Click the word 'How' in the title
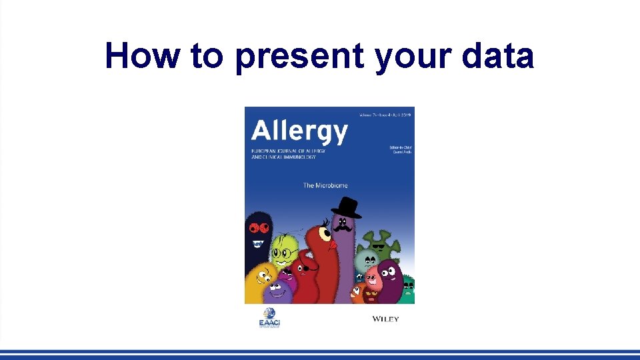coord(142,56)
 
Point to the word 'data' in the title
coord(500,56)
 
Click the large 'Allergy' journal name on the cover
coord(299,131)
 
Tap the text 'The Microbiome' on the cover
coord(325,185)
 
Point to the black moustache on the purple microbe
coord(342,227)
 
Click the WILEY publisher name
coord(385,319)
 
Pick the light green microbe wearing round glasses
coord(284,248)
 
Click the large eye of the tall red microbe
coord(325,233)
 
